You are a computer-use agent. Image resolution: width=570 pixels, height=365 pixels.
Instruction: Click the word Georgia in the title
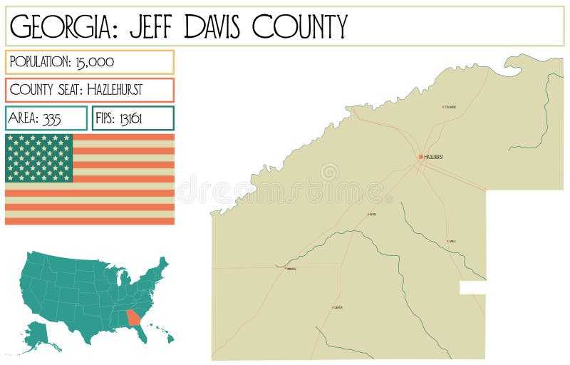click(x=58, y=26)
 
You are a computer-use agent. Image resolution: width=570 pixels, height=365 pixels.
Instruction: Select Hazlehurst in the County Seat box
click(x=115, y=90)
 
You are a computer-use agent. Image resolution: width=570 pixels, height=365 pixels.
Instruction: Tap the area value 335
click(x=52, y=118)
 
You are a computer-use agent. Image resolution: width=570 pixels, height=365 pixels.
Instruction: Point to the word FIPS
click(x=105, y=118)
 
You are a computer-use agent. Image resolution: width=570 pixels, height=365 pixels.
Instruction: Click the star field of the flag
click(x=39, y=158)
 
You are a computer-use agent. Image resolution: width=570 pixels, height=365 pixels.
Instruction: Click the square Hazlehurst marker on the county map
click(x=421, y=157)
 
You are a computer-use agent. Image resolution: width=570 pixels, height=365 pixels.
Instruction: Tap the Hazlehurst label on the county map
click(x=434, y=157)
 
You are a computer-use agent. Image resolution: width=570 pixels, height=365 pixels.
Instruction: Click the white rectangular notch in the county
click(x=472, y=287)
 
